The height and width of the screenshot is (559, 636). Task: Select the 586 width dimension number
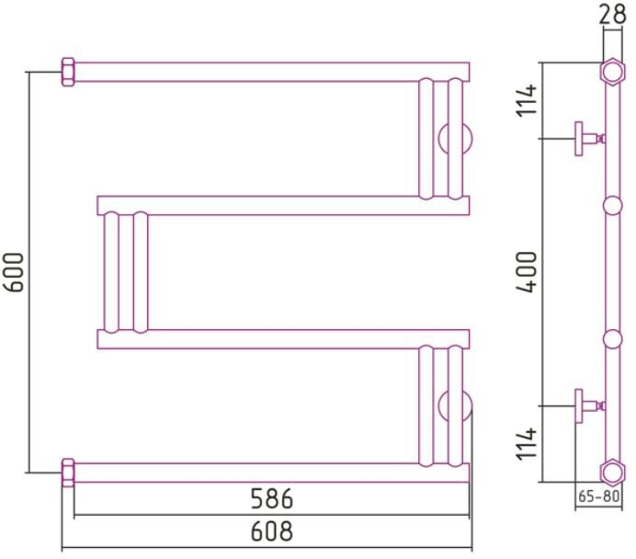pyautogui.click(x=272, y=500)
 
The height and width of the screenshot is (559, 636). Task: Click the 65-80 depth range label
pyautogui.click(x=599, y=497)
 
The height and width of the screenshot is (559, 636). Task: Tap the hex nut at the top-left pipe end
pyautogui.click(x=68, y=72)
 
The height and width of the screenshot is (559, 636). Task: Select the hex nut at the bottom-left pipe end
pyautogui.click(x=68, y=471)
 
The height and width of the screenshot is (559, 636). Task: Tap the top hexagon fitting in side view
pyautogui.click(x=612, y=72)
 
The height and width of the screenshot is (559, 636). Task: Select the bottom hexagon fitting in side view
pyautogui.click(x=612, y=472)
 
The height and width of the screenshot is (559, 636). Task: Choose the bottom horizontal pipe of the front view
pyautogui.click(x=267, y=472)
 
